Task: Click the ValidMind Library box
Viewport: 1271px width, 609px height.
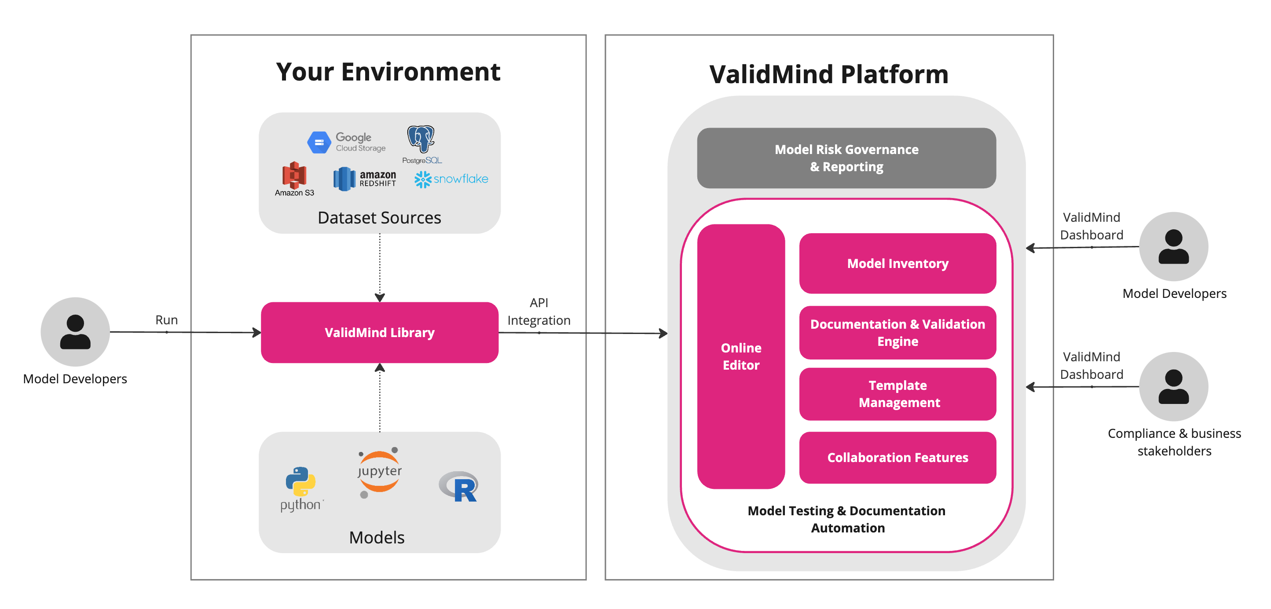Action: click(x=379, y=332)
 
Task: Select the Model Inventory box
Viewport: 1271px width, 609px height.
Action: click(x=897, y=263)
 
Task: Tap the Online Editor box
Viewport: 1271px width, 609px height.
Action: click(x=740, y=356)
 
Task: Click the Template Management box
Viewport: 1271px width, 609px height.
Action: click(x=897, y=393)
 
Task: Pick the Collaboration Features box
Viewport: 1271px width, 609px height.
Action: click(x=897, y=457)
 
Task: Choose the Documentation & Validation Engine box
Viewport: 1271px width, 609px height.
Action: click(x=897, y=332)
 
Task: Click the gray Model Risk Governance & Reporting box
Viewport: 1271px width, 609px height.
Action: click(x=846, y=158)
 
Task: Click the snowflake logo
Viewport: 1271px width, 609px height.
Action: click(x=451, y=179)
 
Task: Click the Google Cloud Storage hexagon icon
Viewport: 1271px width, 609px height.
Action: click(x=319, y=142)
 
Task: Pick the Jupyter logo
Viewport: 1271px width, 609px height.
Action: click(x=379, y=472)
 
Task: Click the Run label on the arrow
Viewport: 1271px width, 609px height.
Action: click(x=166, y=320)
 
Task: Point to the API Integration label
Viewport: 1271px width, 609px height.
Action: click(x=538, y=312)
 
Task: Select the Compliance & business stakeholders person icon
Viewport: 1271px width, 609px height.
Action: click(x=1173, y=386)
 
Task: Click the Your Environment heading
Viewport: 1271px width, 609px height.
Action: click(x=388, y=72)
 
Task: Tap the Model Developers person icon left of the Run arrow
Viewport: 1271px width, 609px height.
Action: click(x=75, y=332)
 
